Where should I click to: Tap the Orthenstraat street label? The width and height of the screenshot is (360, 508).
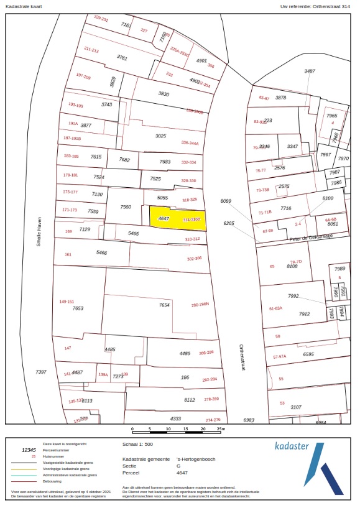point(242,358)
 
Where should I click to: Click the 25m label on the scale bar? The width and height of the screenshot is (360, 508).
point(221,429)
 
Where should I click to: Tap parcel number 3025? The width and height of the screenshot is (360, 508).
point(160,136)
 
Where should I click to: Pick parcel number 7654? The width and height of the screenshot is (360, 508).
point(164,305)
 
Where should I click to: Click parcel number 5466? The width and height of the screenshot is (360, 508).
point(102,253)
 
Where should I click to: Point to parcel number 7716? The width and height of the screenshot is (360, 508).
point(285,208)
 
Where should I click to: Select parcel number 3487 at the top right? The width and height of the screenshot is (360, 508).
point(310,72)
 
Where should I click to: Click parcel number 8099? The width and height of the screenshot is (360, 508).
point(226,201)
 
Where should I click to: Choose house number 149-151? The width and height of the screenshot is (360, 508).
point(67,302)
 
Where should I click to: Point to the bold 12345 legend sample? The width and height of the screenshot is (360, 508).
point(29,450)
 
